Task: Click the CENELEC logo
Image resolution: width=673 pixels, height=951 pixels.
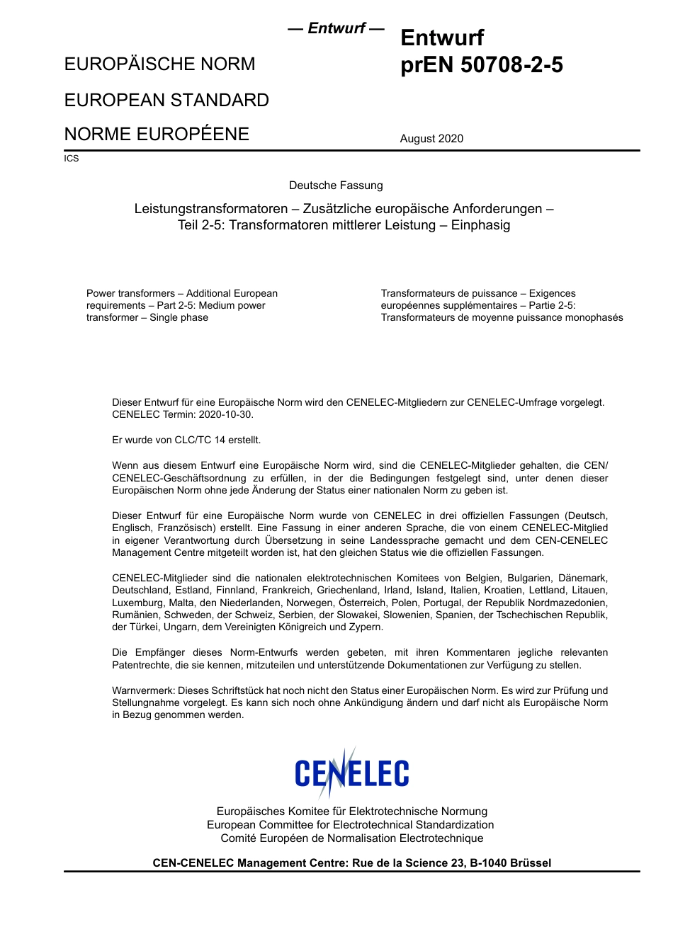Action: point(351,773)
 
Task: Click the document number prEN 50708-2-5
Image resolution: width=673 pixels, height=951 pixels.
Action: point(481,65)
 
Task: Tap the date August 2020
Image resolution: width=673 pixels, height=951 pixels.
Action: point(431,139)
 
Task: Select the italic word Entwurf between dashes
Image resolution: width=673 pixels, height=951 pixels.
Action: point(336,28)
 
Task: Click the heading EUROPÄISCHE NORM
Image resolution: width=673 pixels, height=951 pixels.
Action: point(159,64)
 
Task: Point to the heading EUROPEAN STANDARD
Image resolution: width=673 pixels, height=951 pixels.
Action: point(166,100)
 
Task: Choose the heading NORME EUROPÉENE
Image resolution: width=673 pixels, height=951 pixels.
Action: point(157,135)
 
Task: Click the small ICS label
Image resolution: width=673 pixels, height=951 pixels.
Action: point(71,159)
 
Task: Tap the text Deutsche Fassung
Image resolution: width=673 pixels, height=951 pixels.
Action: point(336,186)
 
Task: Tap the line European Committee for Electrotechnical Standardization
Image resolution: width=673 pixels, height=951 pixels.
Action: point(350,825)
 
